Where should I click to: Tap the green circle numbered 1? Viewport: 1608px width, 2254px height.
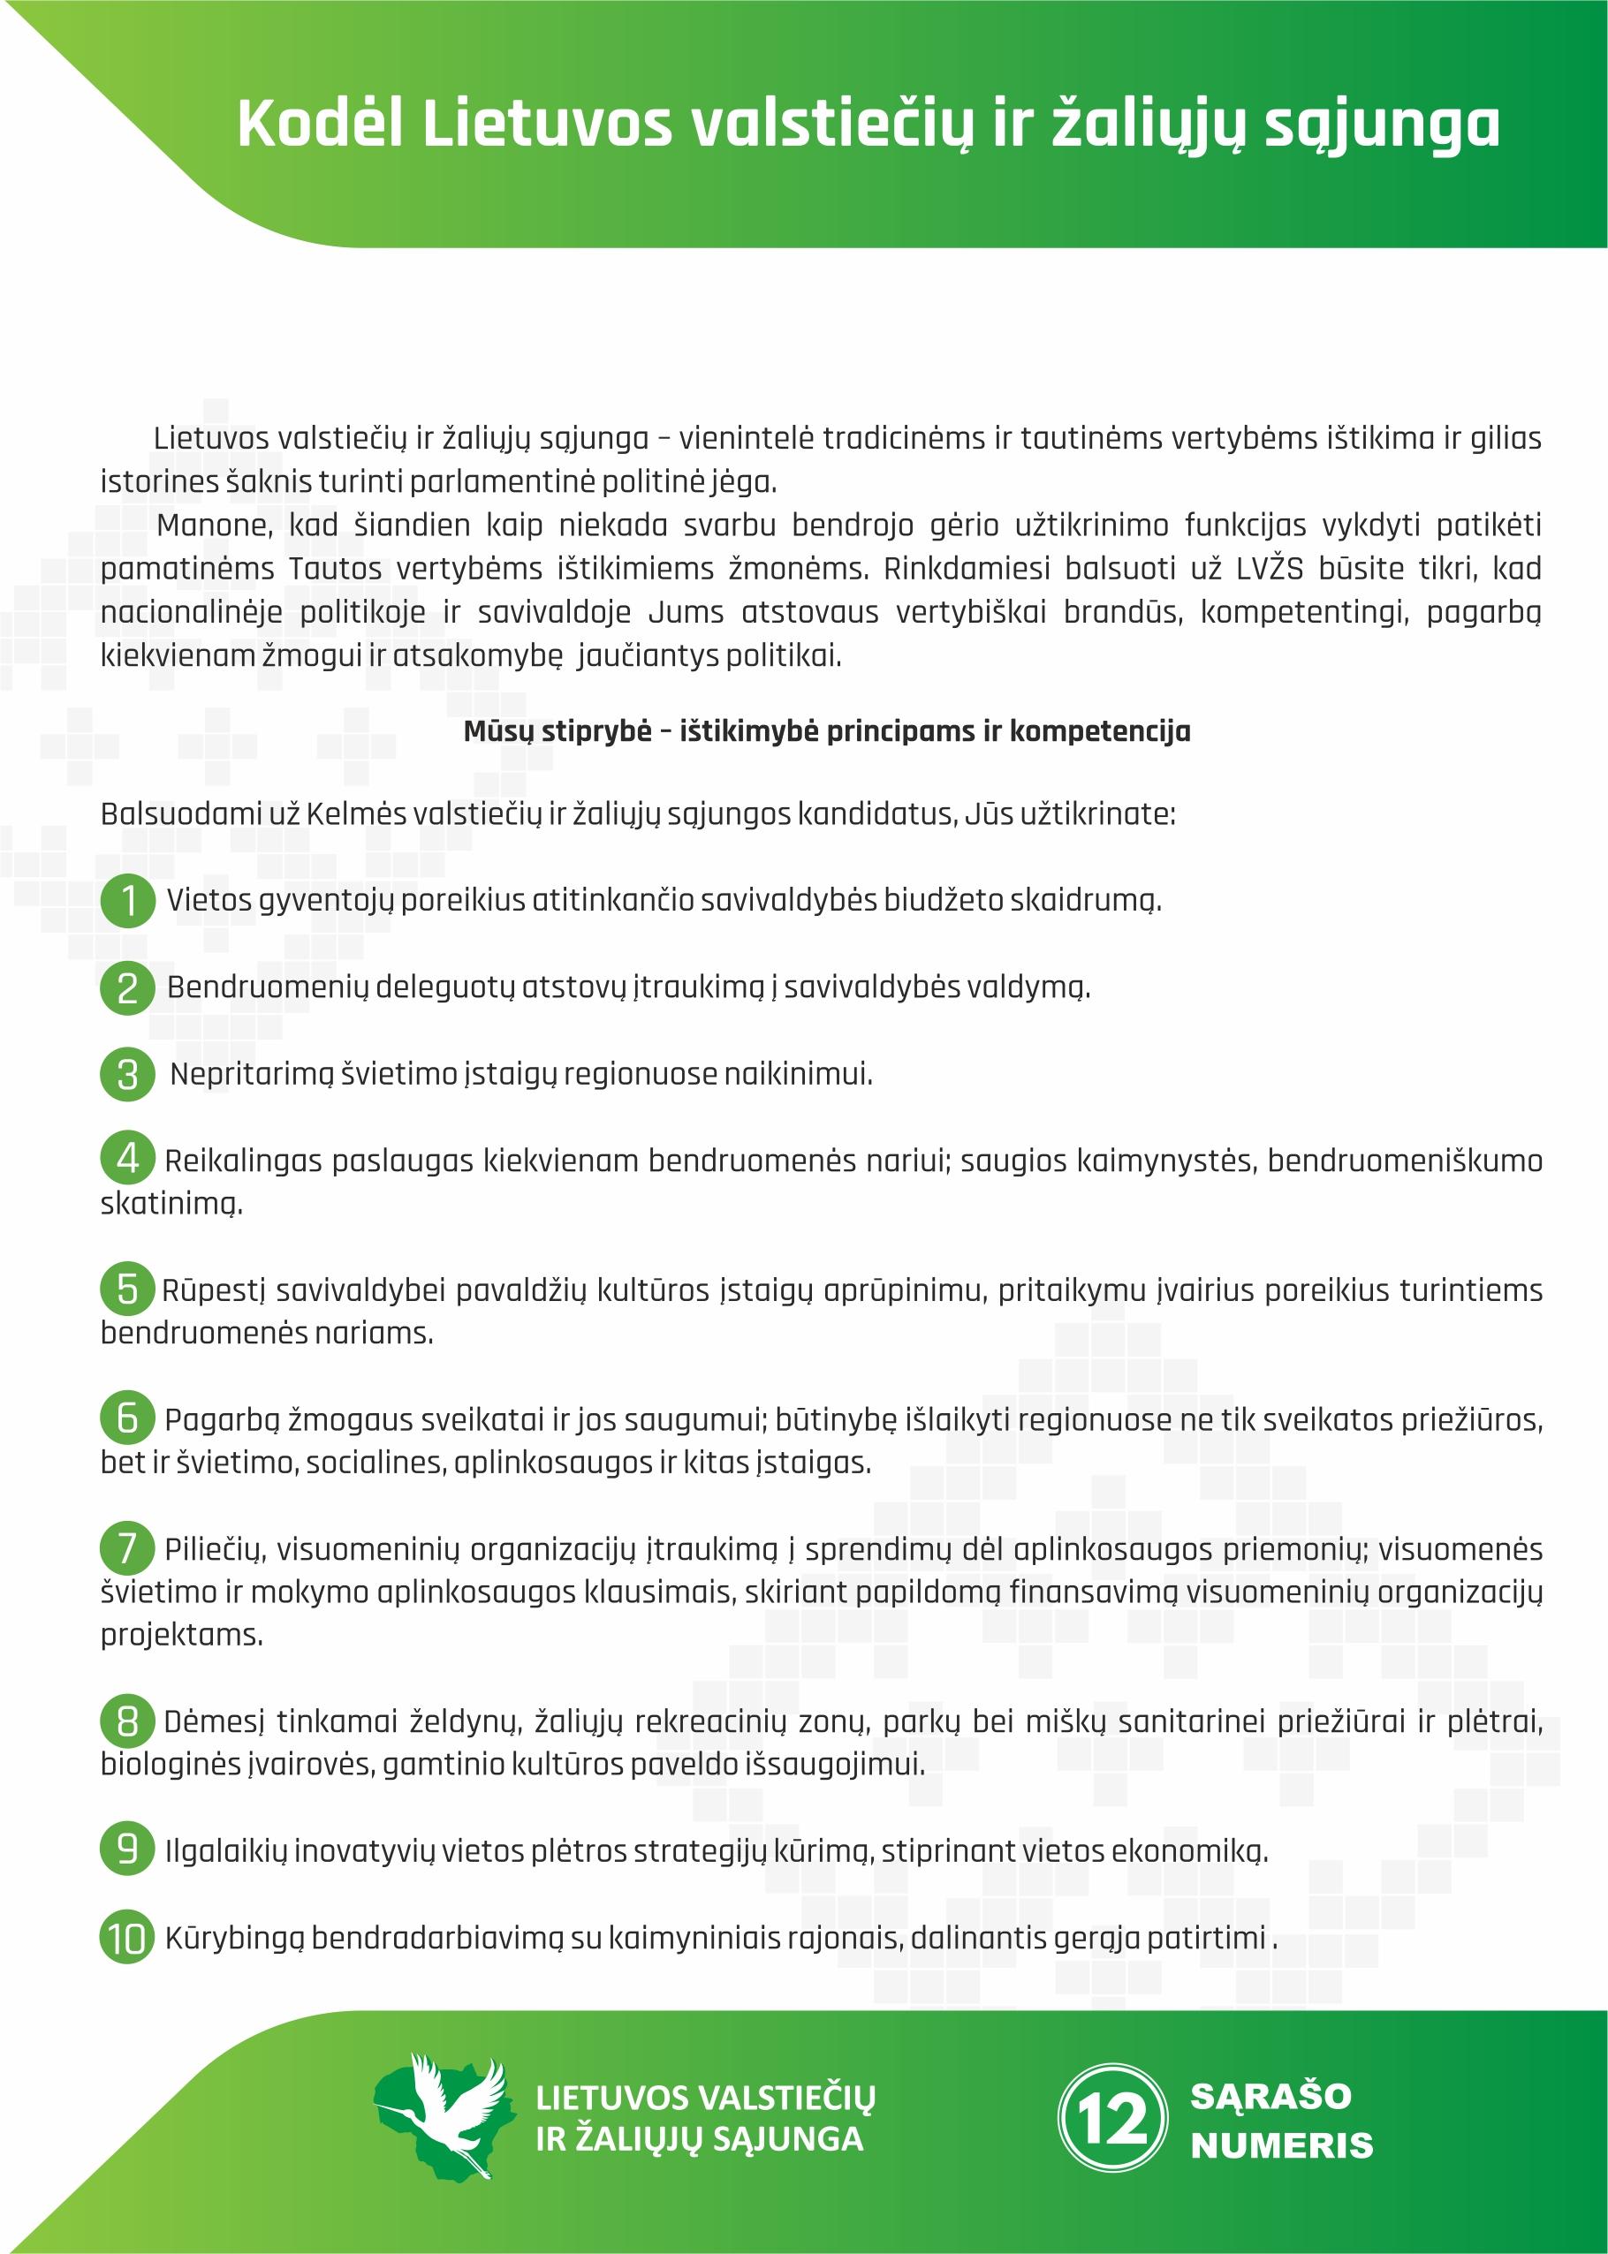coord(128,900)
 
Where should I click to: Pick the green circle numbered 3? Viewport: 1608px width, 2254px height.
coord(128,1074)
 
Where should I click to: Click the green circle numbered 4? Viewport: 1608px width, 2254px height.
coord(128,1157)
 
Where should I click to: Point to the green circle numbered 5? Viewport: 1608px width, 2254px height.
coord(128,1288)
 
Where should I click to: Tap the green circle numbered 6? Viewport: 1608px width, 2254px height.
coord(128,1418)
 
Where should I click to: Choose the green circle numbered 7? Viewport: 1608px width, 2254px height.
coord(128,1547)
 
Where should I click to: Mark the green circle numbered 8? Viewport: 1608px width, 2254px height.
coord(128,1721)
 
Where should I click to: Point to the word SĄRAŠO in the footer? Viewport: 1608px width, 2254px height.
coord(1270,2096)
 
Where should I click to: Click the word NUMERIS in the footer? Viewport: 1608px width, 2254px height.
coord(1281,2145)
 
